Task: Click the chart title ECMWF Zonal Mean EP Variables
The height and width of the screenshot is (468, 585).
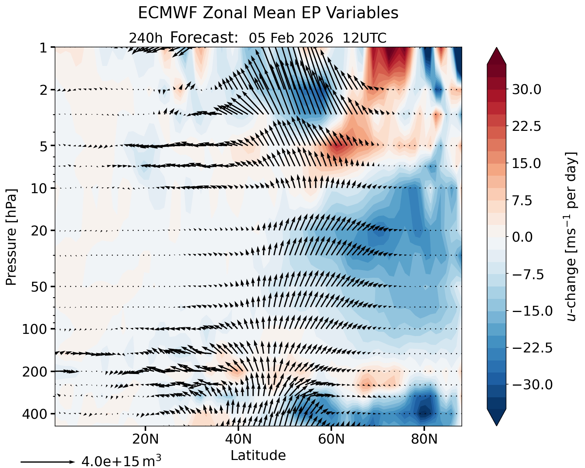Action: [268, 13]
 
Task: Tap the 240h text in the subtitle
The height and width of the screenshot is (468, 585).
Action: [145, 38]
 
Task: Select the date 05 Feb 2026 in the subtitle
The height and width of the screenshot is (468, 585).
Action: [291, 38]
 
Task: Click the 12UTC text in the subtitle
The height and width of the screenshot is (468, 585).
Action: [364, 38]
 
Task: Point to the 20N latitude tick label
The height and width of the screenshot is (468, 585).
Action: [145, 439]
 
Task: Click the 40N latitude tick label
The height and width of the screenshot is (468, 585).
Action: [238, 439]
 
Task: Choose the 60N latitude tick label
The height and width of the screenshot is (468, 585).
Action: [331, 439]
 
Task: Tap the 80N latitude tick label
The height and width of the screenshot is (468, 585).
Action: [424, 439]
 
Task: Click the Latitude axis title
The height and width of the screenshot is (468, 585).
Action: [258, 456]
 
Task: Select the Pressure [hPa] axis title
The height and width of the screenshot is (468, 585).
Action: [11, 237]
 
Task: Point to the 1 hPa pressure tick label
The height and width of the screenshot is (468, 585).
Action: [43, 48]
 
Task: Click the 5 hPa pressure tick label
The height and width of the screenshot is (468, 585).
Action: [43, 146]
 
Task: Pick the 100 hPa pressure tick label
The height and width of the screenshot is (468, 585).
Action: [35, 329]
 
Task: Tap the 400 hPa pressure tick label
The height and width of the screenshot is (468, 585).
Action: [35, 414]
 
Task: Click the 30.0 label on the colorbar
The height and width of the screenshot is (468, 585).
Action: [527, 90]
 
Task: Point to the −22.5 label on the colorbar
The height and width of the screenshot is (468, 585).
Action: [532, 348]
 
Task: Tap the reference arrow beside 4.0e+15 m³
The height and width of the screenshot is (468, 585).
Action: [47, 462]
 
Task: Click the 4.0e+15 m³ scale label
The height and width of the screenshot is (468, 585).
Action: [121, 461]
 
